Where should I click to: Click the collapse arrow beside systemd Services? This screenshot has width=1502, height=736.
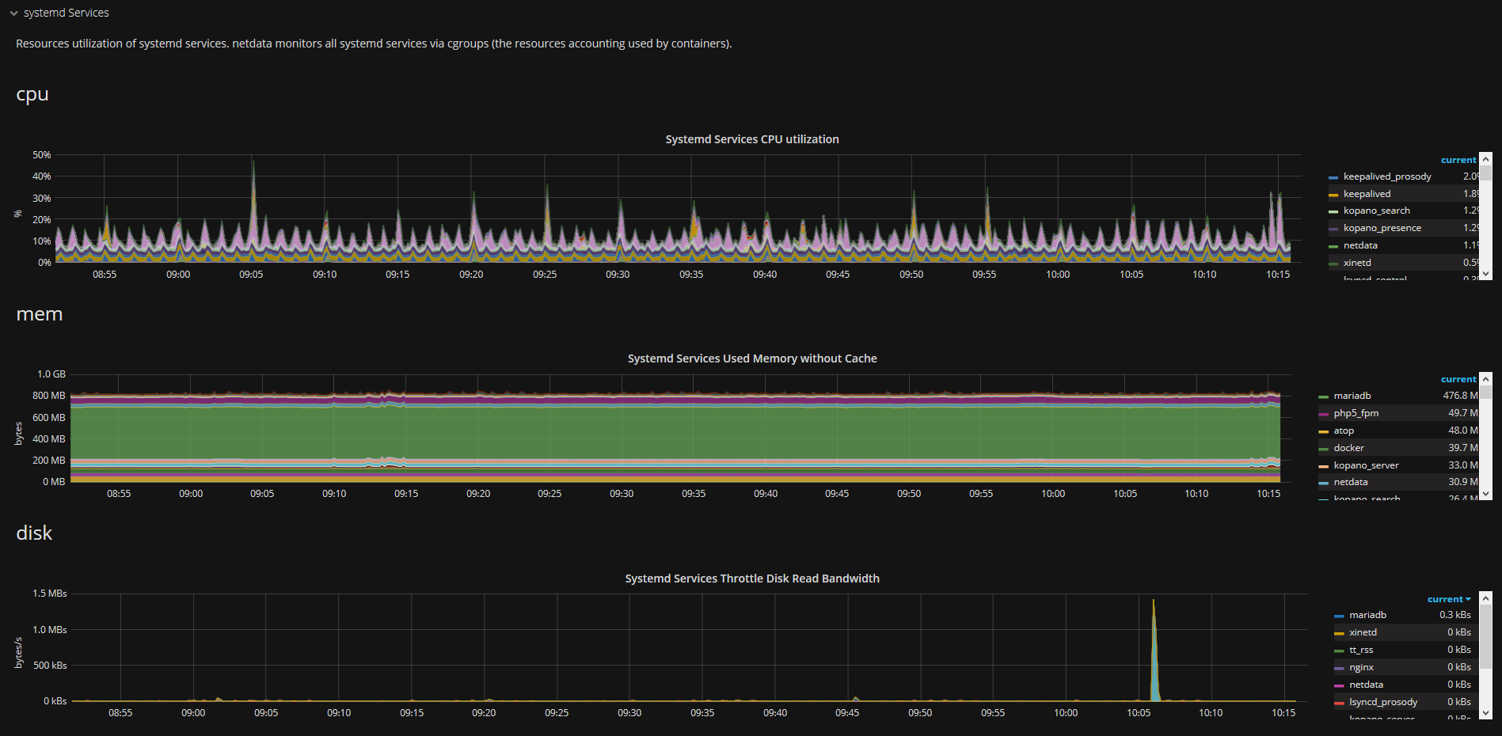13,13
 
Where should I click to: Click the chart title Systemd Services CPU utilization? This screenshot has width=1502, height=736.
751,139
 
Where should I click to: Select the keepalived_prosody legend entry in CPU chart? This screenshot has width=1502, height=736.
1386,176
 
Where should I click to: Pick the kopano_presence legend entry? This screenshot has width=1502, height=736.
1382,228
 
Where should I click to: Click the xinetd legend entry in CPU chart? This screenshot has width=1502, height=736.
1356,263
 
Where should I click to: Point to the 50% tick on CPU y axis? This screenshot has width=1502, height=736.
41,155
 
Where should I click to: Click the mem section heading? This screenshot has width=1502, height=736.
39,314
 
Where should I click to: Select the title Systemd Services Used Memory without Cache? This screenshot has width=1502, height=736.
751,359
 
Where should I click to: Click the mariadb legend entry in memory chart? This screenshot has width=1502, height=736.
1352,396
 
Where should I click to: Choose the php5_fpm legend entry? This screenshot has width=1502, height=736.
1356,413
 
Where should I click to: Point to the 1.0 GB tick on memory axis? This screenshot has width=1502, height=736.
51,374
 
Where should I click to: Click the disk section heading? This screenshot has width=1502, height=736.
34,533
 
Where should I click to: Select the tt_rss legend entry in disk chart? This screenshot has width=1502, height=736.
1361,650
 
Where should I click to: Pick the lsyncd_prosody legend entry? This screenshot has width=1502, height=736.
1382,702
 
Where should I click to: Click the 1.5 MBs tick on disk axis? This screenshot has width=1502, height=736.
50,594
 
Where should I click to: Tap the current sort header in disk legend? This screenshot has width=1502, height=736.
1448,599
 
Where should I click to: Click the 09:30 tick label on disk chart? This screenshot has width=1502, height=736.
629,713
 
